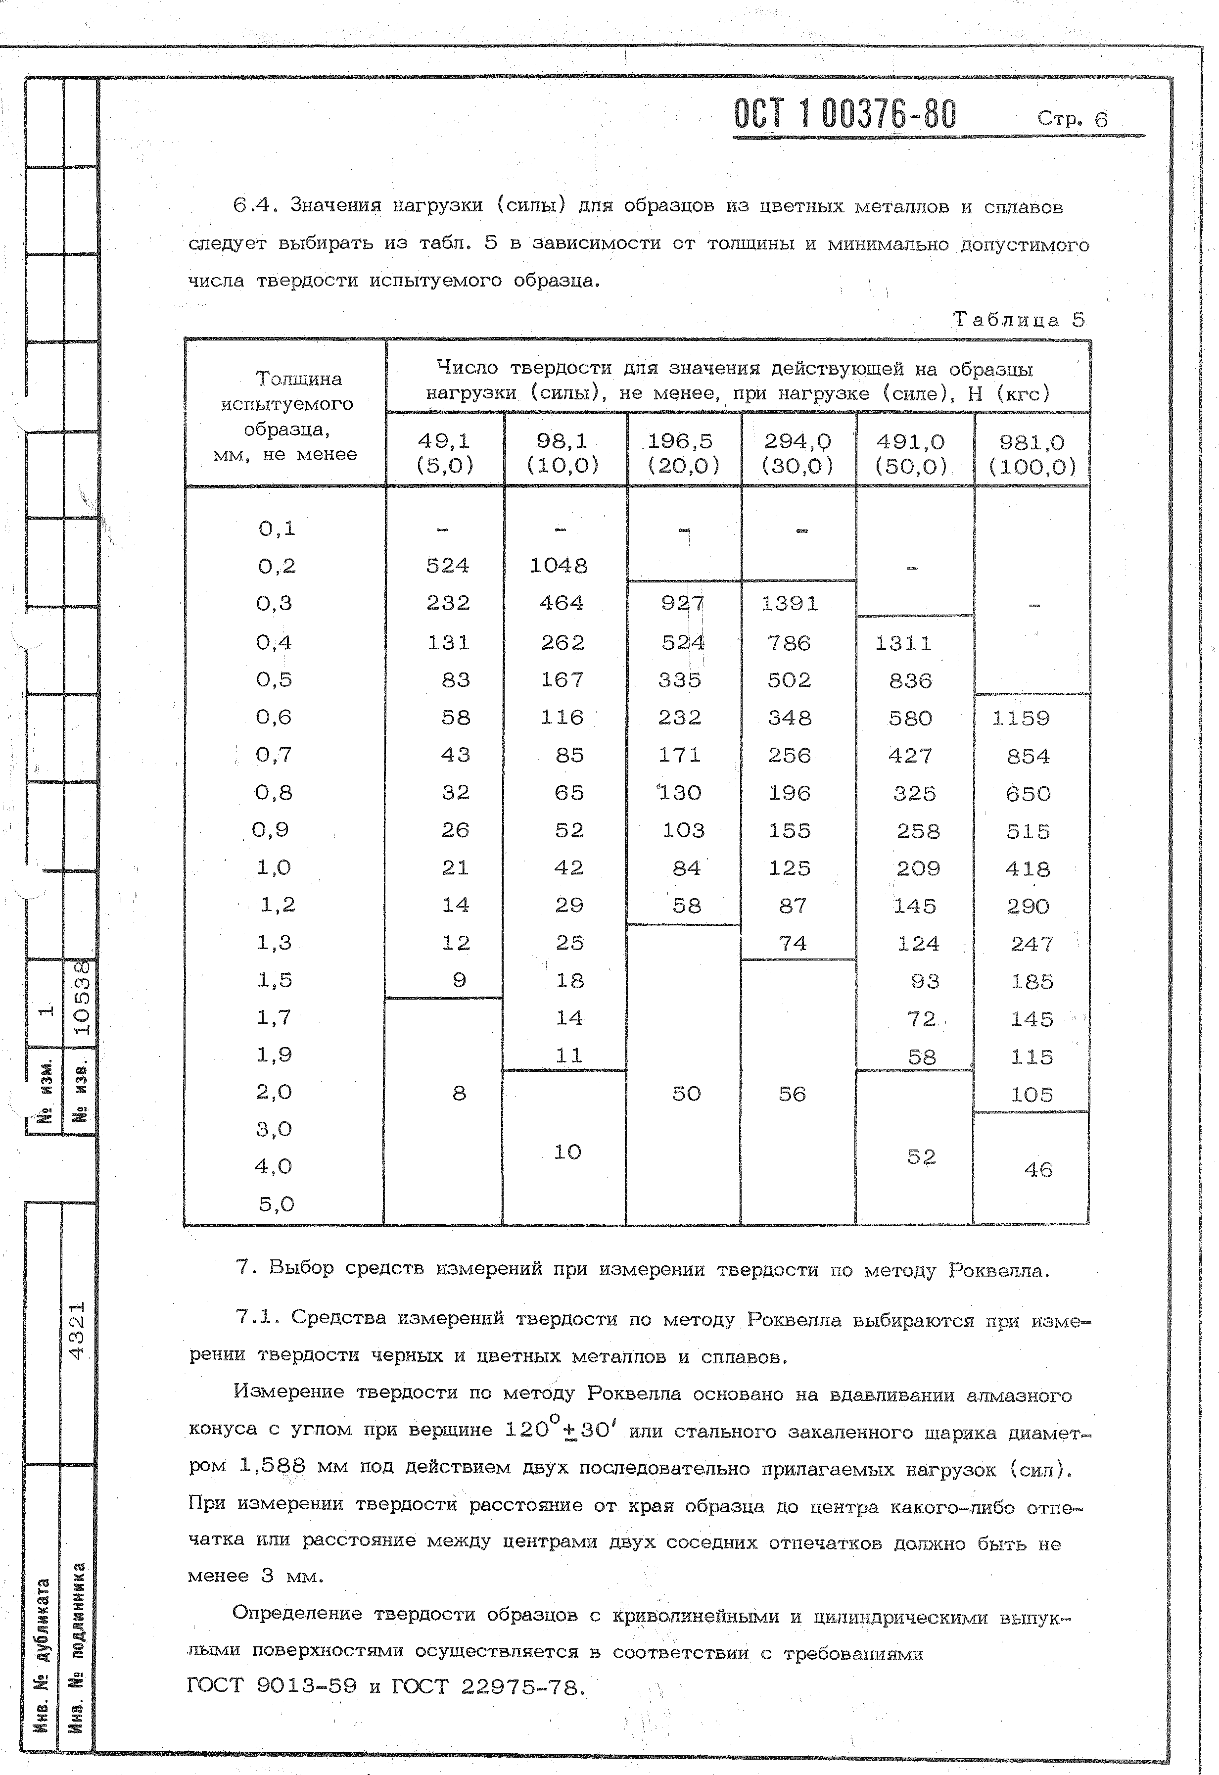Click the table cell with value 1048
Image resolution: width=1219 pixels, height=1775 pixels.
(559, 566)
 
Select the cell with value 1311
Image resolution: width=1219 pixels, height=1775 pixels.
(903, 643)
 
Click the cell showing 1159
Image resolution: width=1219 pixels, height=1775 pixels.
(1021, 718)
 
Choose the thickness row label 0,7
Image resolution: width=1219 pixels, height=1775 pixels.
(274, 755)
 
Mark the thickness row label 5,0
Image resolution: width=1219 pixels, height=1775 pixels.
(276, 1204)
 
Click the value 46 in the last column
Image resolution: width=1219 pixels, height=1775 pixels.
(1037, 1169)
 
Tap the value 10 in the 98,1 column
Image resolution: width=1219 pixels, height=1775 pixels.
(567, 1152)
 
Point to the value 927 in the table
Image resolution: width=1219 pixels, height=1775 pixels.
(682, 603)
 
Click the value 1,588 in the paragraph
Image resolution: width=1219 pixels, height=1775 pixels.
(272, 1465)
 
